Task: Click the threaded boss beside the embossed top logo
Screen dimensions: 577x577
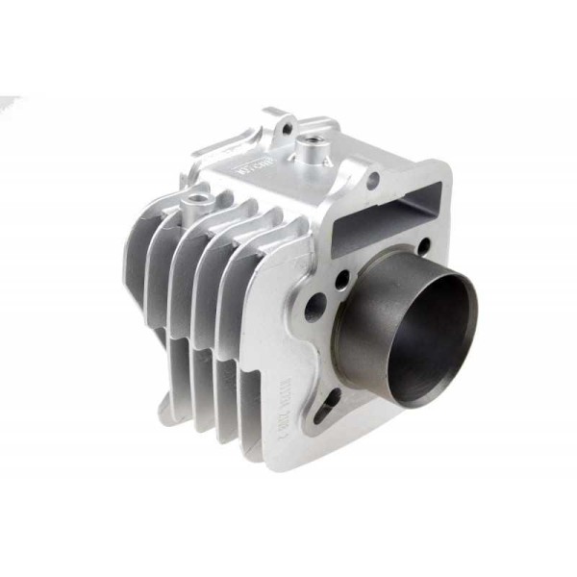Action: [310, 148]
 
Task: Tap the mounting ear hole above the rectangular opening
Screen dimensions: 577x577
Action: [370, 178]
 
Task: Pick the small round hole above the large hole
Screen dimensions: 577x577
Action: [342, 280]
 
